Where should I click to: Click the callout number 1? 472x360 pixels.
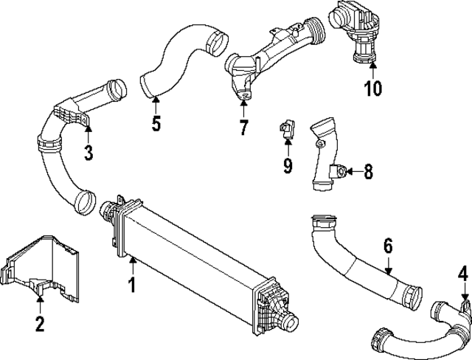[x=133, y=283]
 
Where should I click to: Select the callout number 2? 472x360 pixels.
[x=40, y=322]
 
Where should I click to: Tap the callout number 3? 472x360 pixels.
[x=88, y=153]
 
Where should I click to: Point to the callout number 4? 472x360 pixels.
[x=462, y=276]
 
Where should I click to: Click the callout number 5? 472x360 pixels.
[x=156, y=122]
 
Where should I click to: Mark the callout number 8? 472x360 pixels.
[x=368, y=172]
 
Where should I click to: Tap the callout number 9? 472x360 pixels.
[x=288, y=165]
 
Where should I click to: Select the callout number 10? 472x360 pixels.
[x=372, y=89]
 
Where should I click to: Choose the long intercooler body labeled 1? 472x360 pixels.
[x=195, y=258]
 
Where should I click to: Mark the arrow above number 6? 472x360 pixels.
[x=388, y=266]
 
